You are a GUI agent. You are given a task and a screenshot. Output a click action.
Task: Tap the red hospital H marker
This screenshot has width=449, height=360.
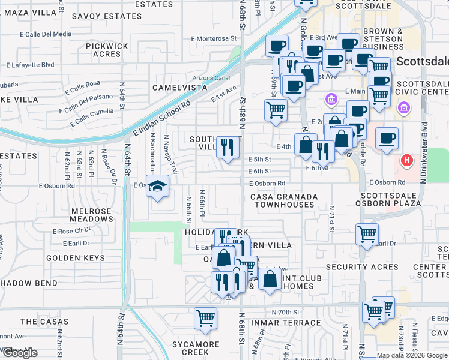point(407,161)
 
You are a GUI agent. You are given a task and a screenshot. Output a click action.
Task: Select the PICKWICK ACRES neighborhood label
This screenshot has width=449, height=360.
point(107,50)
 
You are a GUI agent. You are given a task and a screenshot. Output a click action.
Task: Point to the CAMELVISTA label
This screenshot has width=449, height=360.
point(179,88)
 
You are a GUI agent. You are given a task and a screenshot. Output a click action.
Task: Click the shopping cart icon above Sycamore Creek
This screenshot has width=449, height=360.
point(205,319)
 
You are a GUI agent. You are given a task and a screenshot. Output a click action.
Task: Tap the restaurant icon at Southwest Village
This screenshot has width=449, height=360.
point(227,148)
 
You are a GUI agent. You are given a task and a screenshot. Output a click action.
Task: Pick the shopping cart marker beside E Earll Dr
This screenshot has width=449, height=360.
point(367,235)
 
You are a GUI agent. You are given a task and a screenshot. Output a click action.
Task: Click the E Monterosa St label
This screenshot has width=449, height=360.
point(214,38)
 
